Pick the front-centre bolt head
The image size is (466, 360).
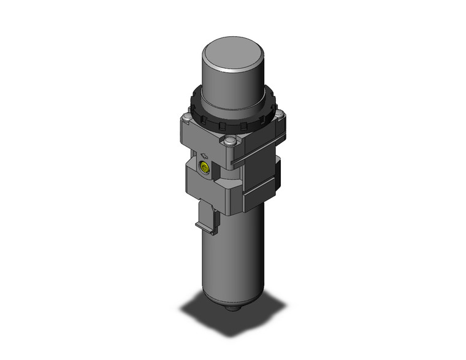pyautogui.click(x=230, y=142)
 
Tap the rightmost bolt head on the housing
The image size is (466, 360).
pyautogui.click(x=280, y=115)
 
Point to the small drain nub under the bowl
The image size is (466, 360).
pyautogui.click(x=233, y=311)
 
